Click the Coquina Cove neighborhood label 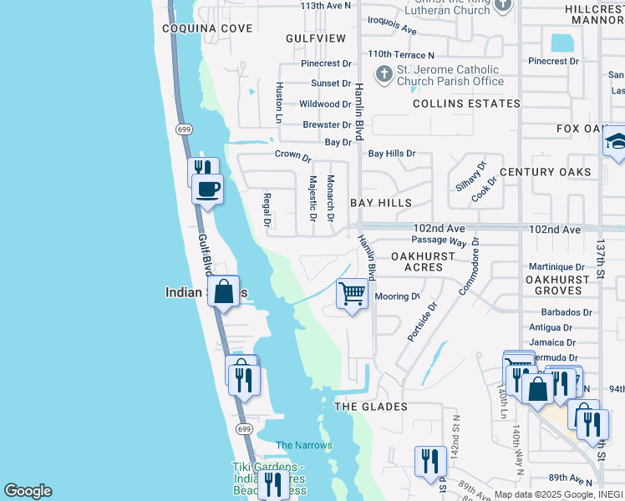(x=207, y=28)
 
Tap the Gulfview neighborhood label (x=315, y=38)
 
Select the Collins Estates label (x=466, y=104)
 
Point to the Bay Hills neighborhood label (x=381, y=203)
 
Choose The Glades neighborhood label (x=371, y=407)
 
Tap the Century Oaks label (x=545, y=172)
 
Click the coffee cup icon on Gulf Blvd (x=207, y=188)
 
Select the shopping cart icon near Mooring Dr (x=353, y=294)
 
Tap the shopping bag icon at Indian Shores (x=223, y=292)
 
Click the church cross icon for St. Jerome (x=384, y=75)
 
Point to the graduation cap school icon (x=616, y=140)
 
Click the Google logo (x=28, y=491)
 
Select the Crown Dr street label (x=292, y=156)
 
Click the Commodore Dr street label (x=468, y=266)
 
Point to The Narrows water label (x=304, y=445)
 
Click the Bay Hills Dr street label (x=392, y=154)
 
